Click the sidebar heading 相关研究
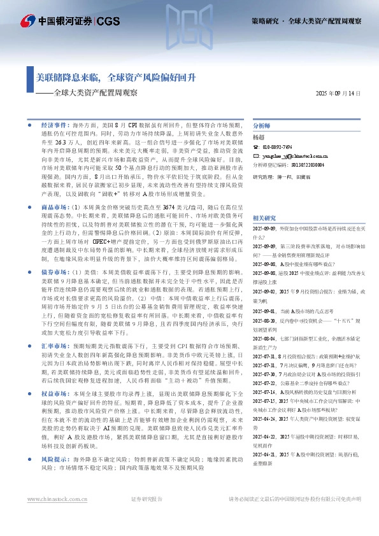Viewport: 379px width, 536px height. [264, 217]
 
